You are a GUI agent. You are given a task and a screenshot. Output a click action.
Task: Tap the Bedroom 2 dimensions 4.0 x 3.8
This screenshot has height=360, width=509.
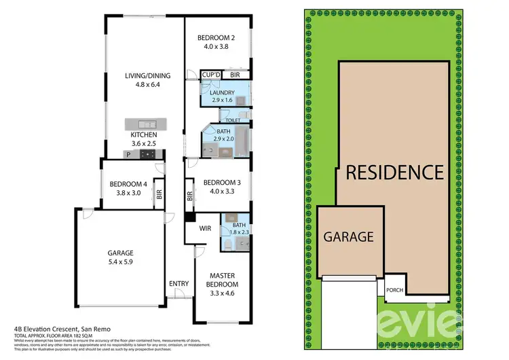pyautogui.click(x=216, y=48)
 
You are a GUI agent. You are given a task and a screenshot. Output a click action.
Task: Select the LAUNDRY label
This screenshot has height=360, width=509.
pyautogui.click(x=223, y=92)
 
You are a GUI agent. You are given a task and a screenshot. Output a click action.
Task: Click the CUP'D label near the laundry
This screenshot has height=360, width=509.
pyautogui.click(x=211, y=74)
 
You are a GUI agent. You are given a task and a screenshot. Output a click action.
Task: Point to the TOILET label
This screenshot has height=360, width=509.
pyautogui.click(x=233, y=120)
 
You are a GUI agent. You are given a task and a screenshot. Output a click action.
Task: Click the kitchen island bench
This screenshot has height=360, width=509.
pyautogui.click(x=141, y=124)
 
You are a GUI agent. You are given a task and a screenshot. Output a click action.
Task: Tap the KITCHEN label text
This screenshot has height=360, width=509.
pyautogui.click(x=143, y=135)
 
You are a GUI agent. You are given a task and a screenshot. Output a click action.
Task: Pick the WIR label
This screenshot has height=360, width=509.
pyautogui.click(x=206, y=229)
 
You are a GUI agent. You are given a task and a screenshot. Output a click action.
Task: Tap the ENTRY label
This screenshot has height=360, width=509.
pyautogui.click(x=179, y=284)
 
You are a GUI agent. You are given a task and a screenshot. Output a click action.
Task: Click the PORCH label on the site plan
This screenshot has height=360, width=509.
pyautogui.click(x=394, y=290)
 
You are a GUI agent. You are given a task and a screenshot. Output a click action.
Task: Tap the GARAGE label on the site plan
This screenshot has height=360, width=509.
pyautogui.click(x=348, y=237)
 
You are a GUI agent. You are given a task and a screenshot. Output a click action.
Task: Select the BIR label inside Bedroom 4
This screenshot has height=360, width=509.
pyautogui.click(x=159, y=194)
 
